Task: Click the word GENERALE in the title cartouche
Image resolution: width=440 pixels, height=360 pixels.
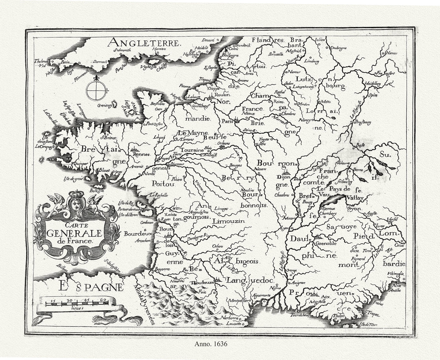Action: pos(70,233)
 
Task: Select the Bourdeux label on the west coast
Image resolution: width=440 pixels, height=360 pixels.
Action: pos(134,234)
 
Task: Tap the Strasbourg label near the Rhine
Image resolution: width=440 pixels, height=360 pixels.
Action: pos(362,122)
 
